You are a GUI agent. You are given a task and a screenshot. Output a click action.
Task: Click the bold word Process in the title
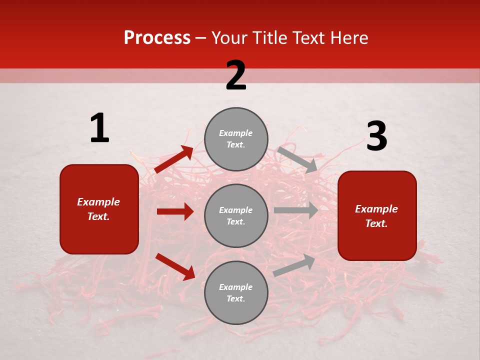[x=157, y=37]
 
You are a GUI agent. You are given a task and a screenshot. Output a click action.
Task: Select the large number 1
[x=99, y=128]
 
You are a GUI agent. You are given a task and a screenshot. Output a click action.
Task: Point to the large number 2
[x=236, y=75]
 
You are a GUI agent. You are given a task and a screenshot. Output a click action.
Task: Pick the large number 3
[x=376, y=136]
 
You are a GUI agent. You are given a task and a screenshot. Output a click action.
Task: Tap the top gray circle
[x=236, y=139]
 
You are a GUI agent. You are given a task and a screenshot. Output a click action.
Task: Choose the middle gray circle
[x=236, y=215]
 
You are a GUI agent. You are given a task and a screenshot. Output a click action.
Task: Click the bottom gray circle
[x=236, y=292]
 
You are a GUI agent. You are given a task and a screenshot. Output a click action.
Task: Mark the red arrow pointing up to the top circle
[x=174, y=159]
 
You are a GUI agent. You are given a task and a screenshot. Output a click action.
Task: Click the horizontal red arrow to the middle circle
[x=175, y=211]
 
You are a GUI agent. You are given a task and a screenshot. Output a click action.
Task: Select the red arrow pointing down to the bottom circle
[x=175, y=266]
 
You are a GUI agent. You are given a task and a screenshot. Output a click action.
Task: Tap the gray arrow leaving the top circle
[x=297, y=159]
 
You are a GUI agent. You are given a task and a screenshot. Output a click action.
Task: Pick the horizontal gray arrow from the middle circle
[x=295, y=210]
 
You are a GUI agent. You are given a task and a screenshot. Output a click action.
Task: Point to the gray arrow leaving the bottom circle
[x=294, y=265]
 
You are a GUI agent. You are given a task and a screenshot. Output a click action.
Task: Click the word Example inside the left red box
[x=98, y=202]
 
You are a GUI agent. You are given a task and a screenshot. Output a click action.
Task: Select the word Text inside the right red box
[x=376, y=223]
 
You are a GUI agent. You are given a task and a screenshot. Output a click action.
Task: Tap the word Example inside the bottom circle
[x=236, y=287]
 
